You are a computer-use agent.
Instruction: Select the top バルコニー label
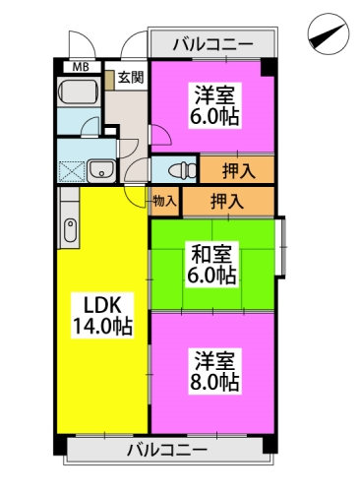[213, 43]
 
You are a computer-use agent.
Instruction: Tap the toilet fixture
[176, 169]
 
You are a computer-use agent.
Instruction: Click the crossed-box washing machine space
[72, 170]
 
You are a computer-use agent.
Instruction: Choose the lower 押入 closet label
[227, 202]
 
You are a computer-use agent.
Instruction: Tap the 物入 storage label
[165, 202]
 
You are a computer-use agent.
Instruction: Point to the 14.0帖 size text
[101, 327]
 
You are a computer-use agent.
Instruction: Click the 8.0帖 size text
[214, 381]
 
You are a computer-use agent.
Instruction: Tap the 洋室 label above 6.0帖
[213, 94]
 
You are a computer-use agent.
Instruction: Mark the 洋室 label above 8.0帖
[214, 359]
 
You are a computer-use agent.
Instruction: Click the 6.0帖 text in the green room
[212, 276]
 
